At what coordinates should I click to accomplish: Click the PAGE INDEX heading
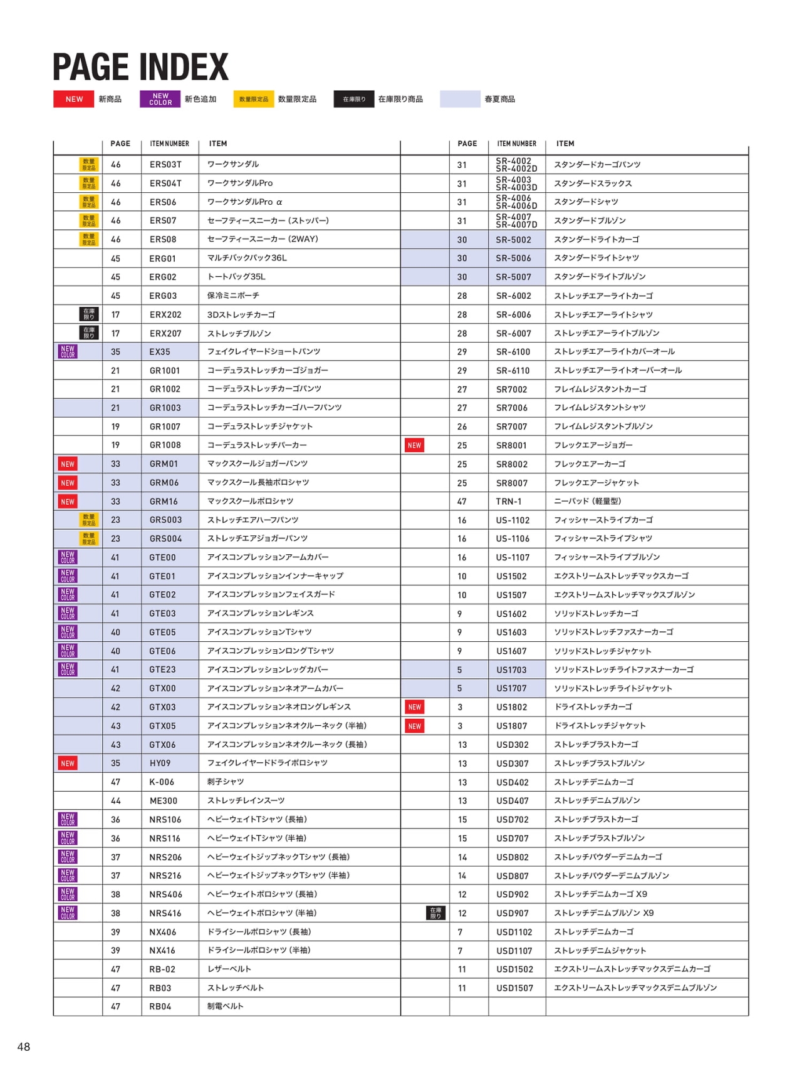(140, 67)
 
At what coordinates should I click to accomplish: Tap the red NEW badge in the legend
(74, 99)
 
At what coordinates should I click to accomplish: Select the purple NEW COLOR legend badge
(160, 99)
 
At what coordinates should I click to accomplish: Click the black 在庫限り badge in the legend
(354, 99)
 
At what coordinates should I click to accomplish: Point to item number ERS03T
(165, 165)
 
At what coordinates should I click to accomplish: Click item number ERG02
(163, 277)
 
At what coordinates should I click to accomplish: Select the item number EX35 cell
(160, 352)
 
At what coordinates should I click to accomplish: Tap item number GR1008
(165, 445)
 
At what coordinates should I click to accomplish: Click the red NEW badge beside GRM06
(68, 483)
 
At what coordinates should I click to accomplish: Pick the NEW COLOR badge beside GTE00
(68, 557)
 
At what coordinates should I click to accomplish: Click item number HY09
(160, 763)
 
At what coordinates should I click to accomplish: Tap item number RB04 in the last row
(160, 1006)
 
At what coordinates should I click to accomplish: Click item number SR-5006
(513, 258)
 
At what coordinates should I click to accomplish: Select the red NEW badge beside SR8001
(414, 445)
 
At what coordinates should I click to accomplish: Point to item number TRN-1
(509, 502)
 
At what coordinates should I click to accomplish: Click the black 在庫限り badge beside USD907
(435, 913)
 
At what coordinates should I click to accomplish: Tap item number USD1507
(514, 988)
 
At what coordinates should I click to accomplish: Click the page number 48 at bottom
(24, 1047)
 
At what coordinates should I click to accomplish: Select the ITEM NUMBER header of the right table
(516, 143)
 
